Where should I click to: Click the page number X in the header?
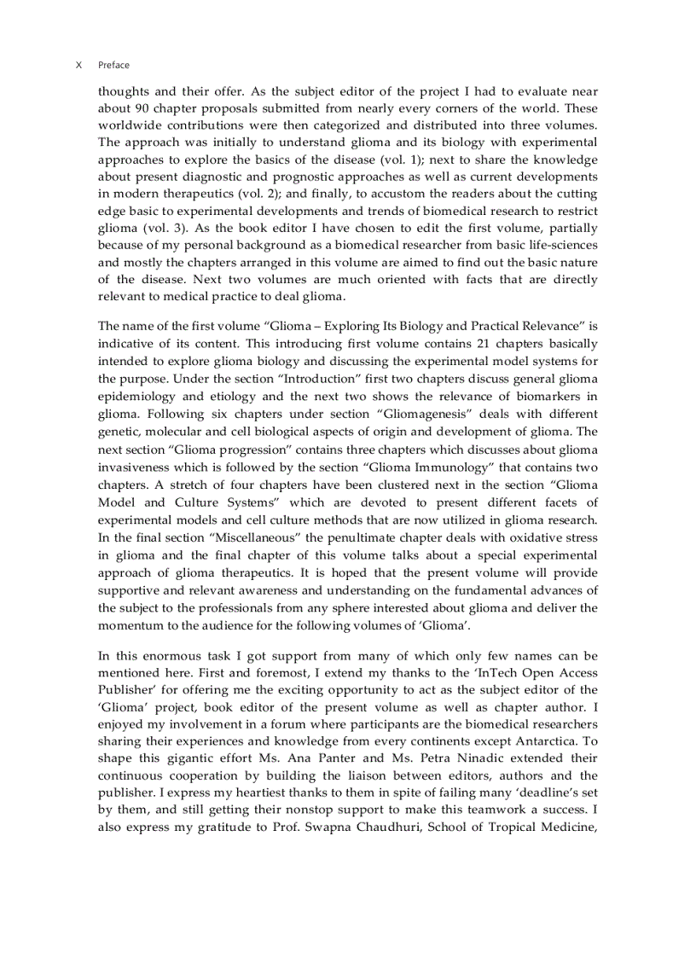click(x=78, y=65)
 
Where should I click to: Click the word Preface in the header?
click(x=113, y=65)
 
